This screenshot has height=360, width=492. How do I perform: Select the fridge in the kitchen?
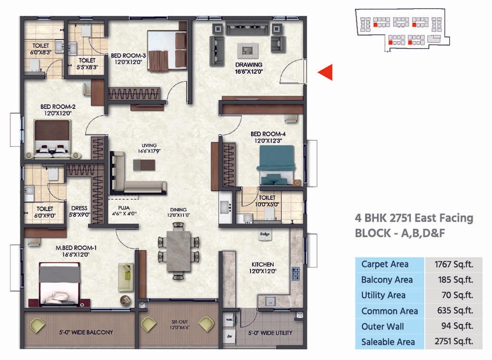(265, 234)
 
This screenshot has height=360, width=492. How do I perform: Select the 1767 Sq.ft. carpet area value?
(453, 264)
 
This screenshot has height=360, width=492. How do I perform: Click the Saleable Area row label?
(388, 341)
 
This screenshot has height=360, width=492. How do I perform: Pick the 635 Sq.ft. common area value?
(453, 311)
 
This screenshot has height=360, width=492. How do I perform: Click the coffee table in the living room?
(144, 165)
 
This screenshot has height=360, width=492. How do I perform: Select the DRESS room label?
(79, 208)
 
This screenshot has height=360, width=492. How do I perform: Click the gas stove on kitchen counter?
(296, 273)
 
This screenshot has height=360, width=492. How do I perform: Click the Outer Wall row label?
(383, 326)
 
